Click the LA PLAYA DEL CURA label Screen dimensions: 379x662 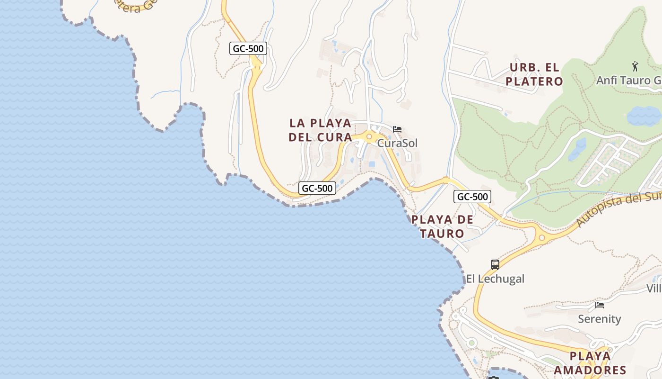pos(321,130)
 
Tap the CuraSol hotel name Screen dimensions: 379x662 pos(397,143)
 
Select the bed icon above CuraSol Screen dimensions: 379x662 pos(397,129)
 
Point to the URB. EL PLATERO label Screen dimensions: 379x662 pos(534,74)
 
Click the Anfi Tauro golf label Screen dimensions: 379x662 pos(628,81)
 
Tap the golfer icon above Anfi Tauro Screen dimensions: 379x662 pos(635,65)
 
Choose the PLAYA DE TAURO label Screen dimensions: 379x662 pos(442,226)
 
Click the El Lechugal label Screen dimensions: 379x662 pos(495,279)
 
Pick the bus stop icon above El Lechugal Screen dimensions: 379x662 pos(495,265)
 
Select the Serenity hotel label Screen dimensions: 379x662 pos(599,319)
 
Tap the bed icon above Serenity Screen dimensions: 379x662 pos(600,305)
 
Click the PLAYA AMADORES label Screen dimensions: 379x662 pos(590,363)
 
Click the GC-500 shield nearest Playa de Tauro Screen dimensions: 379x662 pos(472,197)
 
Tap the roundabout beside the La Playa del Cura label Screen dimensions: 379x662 pos(369,136)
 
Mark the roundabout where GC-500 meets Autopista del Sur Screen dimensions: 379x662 pos(542,237)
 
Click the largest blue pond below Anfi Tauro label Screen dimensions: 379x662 pos(644,115)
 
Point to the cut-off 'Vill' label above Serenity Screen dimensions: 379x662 pos(654,288)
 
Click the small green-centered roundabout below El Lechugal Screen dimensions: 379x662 pos(471,343)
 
